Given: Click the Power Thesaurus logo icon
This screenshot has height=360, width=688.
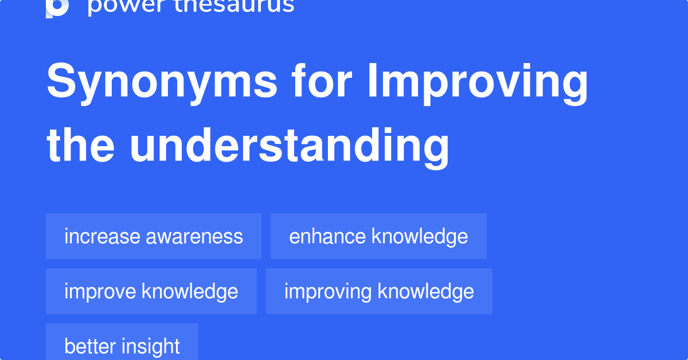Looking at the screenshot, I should [x=57, y=7].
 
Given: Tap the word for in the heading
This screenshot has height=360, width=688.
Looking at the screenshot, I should [x=322, y=82].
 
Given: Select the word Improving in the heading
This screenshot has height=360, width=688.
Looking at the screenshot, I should [x=478, y=82].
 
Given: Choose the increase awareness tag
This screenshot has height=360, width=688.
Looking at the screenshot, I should [x=154, y=236].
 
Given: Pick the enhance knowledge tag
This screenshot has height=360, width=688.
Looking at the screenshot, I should [x=378, y=236].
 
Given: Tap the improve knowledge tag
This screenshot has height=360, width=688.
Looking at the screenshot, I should [x=151, y=291].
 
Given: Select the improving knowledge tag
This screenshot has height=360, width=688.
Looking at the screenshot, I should [x=379, y=291].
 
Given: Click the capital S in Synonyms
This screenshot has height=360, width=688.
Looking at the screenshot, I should [x=59, y=82].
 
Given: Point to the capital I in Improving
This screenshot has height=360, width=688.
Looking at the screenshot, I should [x=372, y=82].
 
